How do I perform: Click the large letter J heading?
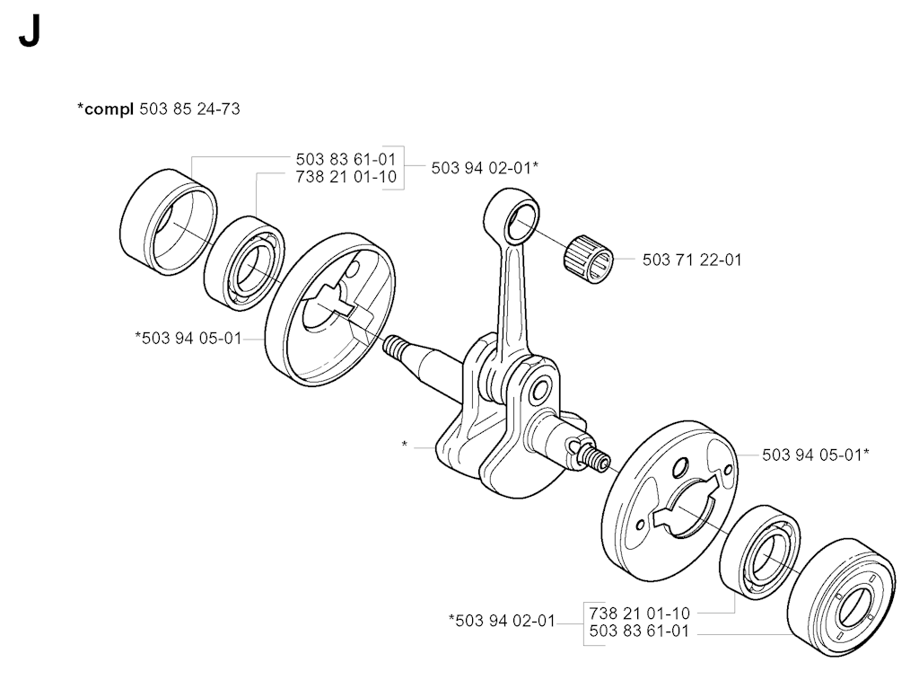click(28, 34)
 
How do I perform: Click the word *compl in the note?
click(106, 110)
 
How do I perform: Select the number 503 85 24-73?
click(189, 110)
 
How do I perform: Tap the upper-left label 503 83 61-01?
click(346, 159)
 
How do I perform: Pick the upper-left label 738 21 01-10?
click(346, 177)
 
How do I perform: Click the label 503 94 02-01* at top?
click(485, 167)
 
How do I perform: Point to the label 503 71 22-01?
click(692, 261)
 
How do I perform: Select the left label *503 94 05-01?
click(188, 338)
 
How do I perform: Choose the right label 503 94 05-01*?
click(815, 455)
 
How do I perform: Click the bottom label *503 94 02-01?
click(502, 620)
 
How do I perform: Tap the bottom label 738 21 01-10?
click(639, 612)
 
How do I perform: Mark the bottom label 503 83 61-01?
click(639, 631)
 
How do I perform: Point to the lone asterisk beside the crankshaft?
click(406, 445)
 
